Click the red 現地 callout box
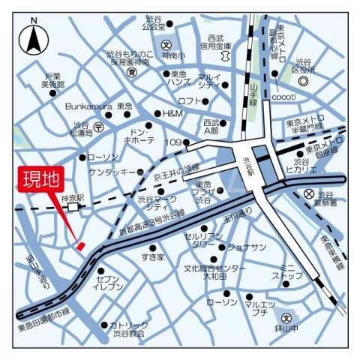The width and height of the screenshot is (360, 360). point(40,181)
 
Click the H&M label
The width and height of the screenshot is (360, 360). point(172,113)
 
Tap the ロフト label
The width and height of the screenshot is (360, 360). point(190,100)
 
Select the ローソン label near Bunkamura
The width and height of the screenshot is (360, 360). point(103,157)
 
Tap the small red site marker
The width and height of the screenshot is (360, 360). point(80,245)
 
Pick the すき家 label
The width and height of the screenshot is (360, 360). point(151,257)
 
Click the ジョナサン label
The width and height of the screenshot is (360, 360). point(247,247)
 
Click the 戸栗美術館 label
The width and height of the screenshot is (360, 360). point(52,81)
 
